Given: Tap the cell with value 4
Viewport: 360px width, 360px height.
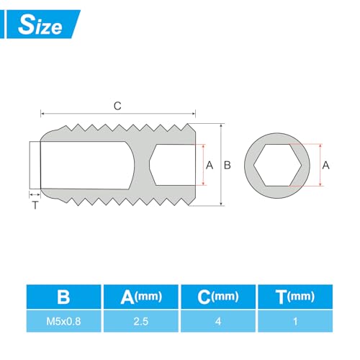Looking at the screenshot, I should (x=217, y=323).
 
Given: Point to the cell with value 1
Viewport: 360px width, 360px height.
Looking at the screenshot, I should (x=296, y=323).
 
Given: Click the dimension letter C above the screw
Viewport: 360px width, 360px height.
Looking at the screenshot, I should (x=117, y=105).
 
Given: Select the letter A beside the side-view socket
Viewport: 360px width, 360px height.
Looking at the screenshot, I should (x=210, y=165).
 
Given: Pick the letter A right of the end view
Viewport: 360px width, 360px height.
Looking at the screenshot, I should (x=325, y=165).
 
